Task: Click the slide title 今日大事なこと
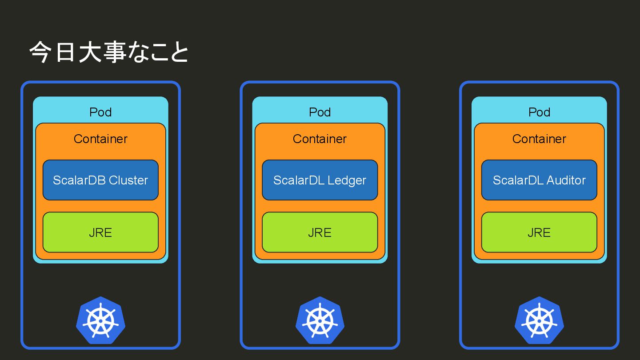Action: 109,53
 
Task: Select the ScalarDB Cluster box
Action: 100,180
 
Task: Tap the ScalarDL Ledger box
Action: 320,180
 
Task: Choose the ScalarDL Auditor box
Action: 539,180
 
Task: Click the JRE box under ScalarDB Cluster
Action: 100,232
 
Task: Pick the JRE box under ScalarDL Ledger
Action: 320,232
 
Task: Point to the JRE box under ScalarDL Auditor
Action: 539,232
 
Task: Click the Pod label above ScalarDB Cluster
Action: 100,112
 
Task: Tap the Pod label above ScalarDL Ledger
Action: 320,112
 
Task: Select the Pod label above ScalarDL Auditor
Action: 539,112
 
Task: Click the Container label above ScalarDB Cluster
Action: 100,139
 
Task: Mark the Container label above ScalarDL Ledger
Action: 320,139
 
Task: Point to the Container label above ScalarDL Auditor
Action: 539,139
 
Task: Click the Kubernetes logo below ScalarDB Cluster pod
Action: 101,320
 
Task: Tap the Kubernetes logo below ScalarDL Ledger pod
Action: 320,320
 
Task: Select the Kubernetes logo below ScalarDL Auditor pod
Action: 539,320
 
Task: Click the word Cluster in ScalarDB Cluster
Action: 128,180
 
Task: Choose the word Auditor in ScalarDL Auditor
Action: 566,180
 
